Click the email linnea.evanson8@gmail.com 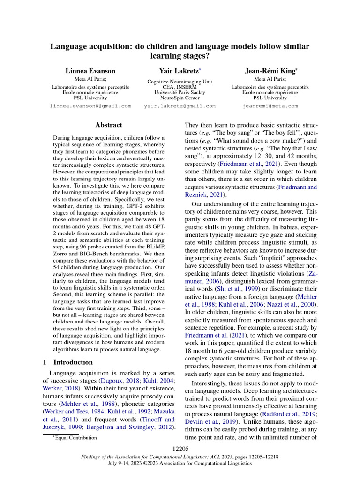[x=90, y=106]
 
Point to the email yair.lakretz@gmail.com [x=180, y=106]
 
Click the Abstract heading [x=108, y=125]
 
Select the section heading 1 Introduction [x=68, y=362]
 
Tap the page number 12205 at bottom [x=180, y=449]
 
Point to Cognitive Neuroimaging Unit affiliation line [x=180, y=81]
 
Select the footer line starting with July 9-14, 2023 [x=180, y=463]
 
